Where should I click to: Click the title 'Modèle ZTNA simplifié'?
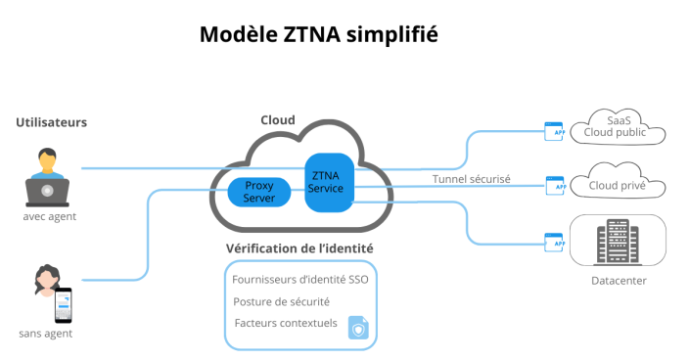coord(318,34)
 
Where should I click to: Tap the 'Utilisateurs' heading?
coord(52,122)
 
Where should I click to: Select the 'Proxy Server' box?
coord(259,192)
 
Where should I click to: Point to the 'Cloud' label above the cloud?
coord(277,119)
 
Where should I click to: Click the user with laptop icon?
coord(47,175)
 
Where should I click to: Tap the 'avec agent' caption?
coord(49,216)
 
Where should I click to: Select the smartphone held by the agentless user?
coord(63,305)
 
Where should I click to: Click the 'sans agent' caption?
coord(46,334)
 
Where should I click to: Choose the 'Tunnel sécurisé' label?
coord(472,178)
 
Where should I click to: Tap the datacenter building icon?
coord(618,241)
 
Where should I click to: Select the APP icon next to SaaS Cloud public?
coord(555,129)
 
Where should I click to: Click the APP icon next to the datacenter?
coord(555,241)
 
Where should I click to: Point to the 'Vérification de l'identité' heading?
coord(299,248)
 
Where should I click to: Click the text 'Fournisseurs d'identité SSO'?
coord(299,279)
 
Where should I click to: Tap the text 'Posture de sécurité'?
coord(282,301)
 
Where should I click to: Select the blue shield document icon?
coord(358,328)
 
